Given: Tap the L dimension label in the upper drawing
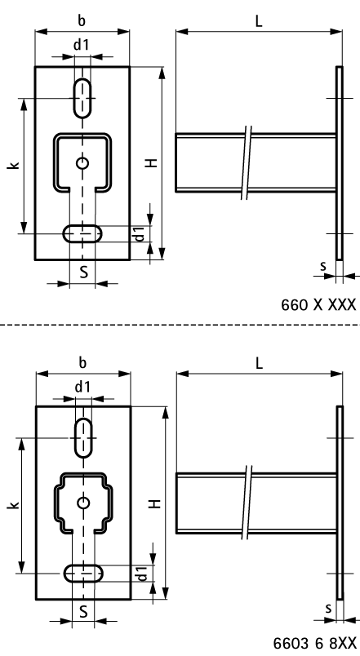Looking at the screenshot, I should point(259,22).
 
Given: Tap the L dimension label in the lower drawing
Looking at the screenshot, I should point(259,363).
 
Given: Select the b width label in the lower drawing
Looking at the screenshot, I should point(82,361).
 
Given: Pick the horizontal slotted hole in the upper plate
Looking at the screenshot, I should point(82,234).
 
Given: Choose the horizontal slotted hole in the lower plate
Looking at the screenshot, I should point(82,574).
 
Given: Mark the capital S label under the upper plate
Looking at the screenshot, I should point(82,272).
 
